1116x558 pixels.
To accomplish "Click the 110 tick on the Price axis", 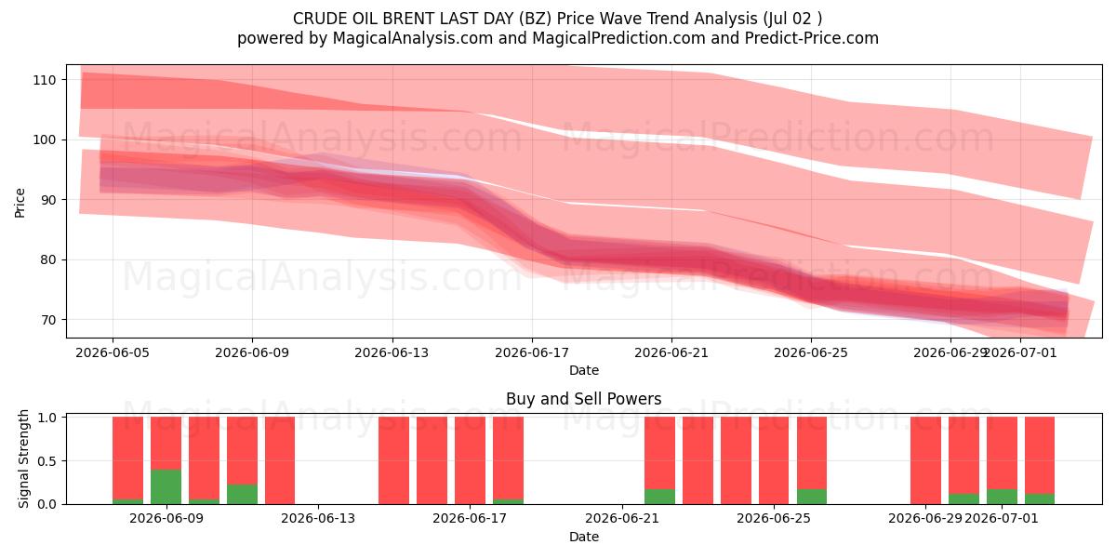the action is pyautogui.click(x=45, y=80).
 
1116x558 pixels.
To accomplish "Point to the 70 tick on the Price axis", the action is pyautogui.click(x=47, y=320).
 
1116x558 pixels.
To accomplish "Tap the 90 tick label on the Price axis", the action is pyautogui.click(x=47, y=200).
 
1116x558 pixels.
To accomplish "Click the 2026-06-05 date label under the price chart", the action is pyautogui.click(x=113, y=352).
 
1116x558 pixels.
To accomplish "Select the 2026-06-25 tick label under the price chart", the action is pyautogui.click(x=811, y=352).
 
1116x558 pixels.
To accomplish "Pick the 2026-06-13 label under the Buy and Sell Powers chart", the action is pyautogui.click(x=318, y=519).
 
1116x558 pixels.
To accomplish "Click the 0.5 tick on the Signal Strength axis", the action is pyautogui.click(x=46, y=461).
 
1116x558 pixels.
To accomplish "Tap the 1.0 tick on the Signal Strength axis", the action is pyautogui.click(x=46, y=417).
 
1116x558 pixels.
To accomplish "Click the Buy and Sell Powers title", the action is pyautogui.click(x=584, y=399).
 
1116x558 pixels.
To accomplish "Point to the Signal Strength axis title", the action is pyautogui.click(x=23, y=458).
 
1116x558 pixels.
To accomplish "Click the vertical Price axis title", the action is pyautogui.click(x=20, y=203).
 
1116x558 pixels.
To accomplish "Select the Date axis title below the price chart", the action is pyautogui.click(x=584, y=370).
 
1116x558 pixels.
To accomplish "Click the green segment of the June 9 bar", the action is pyautogui.click(x=166, y=486).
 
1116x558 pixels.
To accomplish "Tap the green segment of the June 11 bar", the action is pyautogui.click(x=242, y=494).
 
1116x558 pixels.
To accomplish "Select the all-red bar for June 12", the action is pyautogui.click(x=280, y=460).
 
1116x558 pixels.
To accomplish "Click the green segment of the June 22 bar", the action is pyautogui.click(x=659, y=497).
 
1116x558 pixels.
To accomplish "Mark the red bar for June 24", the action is pyautogui.click(x=736, y=460).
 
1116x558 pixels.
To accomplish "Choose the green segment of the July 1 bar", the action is pyautogui.click(x=1002, y=497).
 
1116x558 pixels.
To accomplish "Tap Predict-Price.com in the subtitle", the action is pyautogui.click(x=812, y=38).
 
